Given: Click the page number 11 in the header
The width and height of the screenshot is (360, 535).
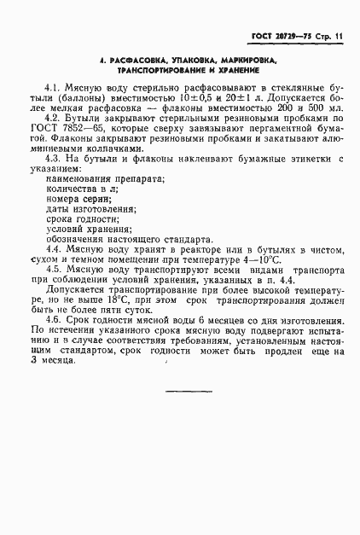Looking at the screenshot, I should [339, 37].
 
